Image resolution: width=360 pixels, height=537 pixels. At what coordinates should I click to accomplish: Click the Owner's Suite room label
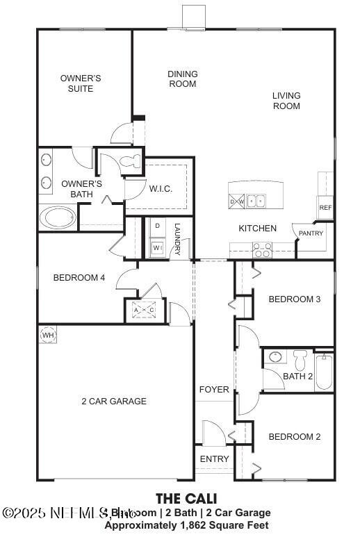pos(81,83)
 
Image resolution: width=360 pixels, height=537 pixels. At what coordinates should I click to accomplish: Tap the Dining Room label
pos(183,79)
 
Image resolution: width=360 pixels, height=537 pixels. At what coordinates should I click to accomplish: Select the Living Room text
pos(286,101)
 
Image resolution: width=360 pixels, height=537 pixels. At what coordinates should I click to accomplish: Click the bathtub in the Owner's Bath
pos(59,218)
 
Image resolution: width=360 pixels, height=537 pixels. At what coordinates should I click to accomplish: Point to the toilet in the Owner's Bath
pos(129,162)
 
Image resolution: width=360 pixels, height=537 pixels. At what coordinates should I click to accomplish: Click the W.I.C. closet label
pos(161,189)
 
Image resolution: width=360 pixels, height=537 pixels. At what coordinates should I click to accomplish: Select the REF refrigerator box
pos(325,207)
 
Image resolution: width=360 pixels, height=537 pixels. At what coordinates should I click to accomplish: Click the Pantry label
pos(311,233)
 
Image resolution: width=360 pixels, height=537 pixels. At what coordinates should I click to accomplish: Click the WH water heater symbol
pos(47,336)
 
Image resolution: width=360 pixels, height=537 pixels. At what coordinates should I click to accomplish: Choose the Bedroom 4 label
pos(79,278)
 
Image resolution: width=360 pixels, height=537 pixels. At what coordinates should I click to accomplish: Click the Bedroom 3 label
pos(294,299)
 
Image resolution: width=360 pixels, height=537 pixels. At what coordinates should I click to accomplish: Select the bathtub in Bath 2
pos(324,372)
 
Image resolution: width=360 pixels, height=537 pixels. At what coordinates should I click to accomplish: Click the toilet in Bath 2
pos(300,359)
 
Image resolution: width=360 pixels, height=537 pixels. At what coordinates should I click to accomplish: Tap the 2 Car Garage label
pos(114,402)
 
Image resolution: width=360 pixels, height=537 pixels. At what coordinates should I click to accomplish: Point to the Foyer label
pos(214,390)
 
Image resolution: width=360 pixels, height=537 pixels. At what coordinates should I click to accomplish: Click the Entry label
pos(214,459)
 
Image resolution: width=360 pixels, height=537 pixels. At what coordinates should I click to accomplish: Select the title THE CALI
pos(186,498)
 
